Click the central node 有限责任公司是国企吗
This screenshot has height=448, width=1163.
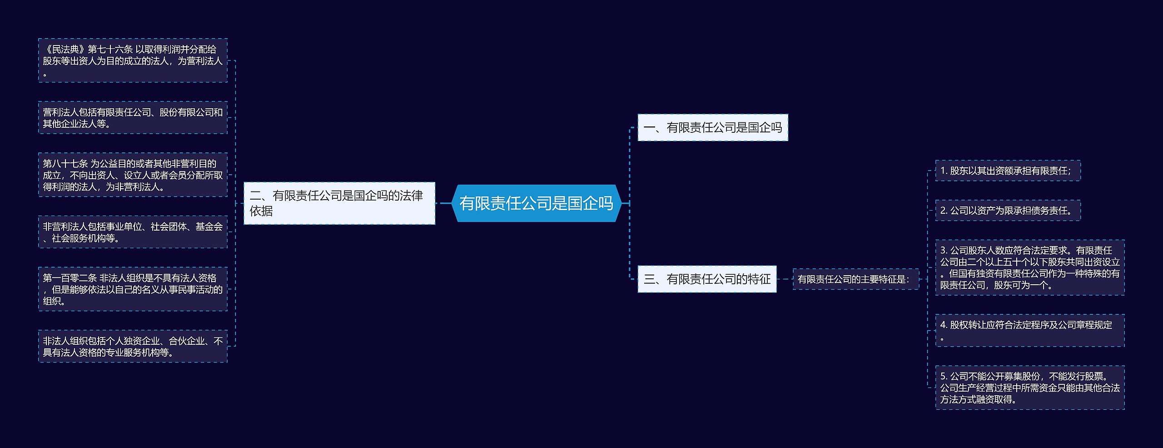pos(536,203)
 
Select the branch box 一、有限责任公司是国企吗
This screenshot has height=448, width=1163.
pos(712,128)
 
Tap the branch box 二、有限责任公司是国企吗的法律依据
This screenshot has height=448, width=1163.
pos(339,203)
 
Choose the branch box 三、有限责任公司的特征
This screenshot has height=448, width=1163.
pos(707,279)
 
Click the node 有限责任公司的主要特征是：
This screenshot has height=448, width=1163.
pos(855,279)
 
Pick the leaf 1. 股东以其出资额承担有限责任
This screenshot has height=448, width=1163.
pos(1008,171)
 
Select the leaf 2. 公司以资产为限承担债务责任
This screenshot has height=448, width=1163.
pos(1008,211)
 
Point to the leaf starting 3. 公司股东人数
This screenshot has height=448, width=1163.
pos(1029,267)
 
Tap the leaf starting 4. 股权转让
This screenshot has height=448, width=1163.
pos(1029,331)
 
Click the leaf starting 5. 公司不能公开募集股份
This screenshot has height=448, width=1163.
pos(1029,388)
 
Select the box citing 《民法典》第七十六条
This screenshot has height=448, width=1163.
pos(133,60)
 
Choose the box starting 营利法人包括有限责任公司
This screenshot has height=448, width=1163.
pos(133,118)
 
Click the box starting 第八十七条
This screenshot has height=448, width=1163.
pos(133,175)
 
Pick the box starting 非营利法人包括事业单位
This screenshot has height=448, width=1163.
pos(133,232)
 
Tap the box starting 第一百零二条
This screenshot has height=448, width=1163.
pos(133,289)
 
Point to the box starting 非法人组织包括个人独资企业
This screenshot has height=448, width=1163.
pos(133,346)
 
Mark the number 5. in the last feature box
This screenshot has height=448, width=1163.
pos(944,376)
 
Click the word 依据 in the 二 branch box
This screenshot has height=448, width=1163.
pos(261,211)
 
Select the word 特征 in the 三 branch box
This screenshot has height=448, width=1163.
pos(759,279)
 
